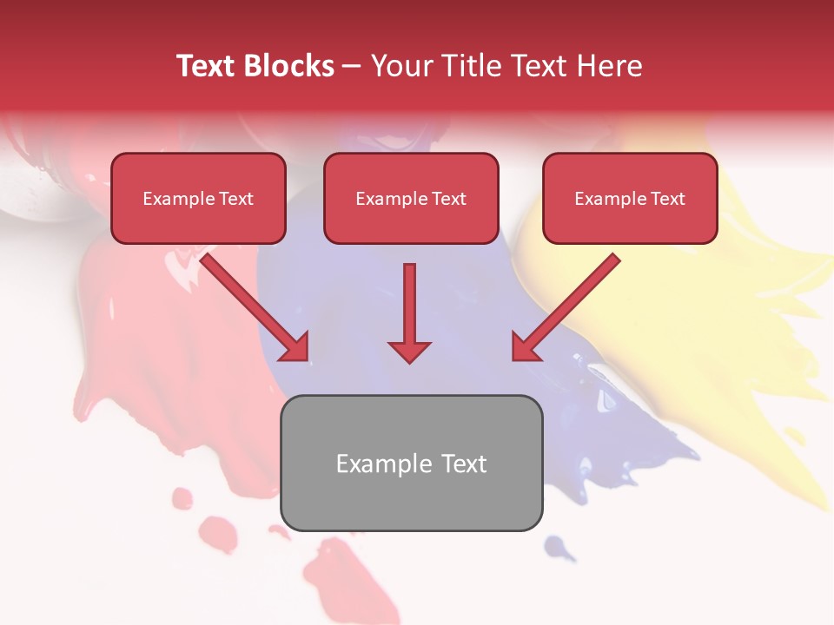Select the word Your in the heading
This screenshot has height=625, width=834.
click(400, 66)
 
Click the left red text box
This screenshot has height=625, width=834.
click(198, 198)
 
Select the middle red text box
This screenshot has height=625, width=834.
click(411, 198)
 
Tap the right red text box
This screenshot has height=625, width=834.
click(630, 198)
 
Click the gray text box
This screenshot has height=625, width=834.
click(411, 463)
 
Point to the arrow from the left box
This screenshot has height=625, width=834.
click(252, 304)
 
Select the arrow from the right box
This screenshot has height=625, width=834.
click(569, 304)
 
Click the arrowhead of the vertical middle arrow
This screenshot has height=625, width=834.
click(409, 352)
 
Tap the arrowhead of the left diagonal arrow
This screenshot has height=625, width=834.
click(295, 347)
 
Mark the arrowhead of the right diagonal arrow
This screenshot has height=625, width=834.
click(525, 347)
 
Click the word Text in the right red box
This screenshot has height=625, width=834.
click(667, 199)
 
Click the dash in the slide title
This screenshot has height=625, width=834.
click(352, 67)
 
